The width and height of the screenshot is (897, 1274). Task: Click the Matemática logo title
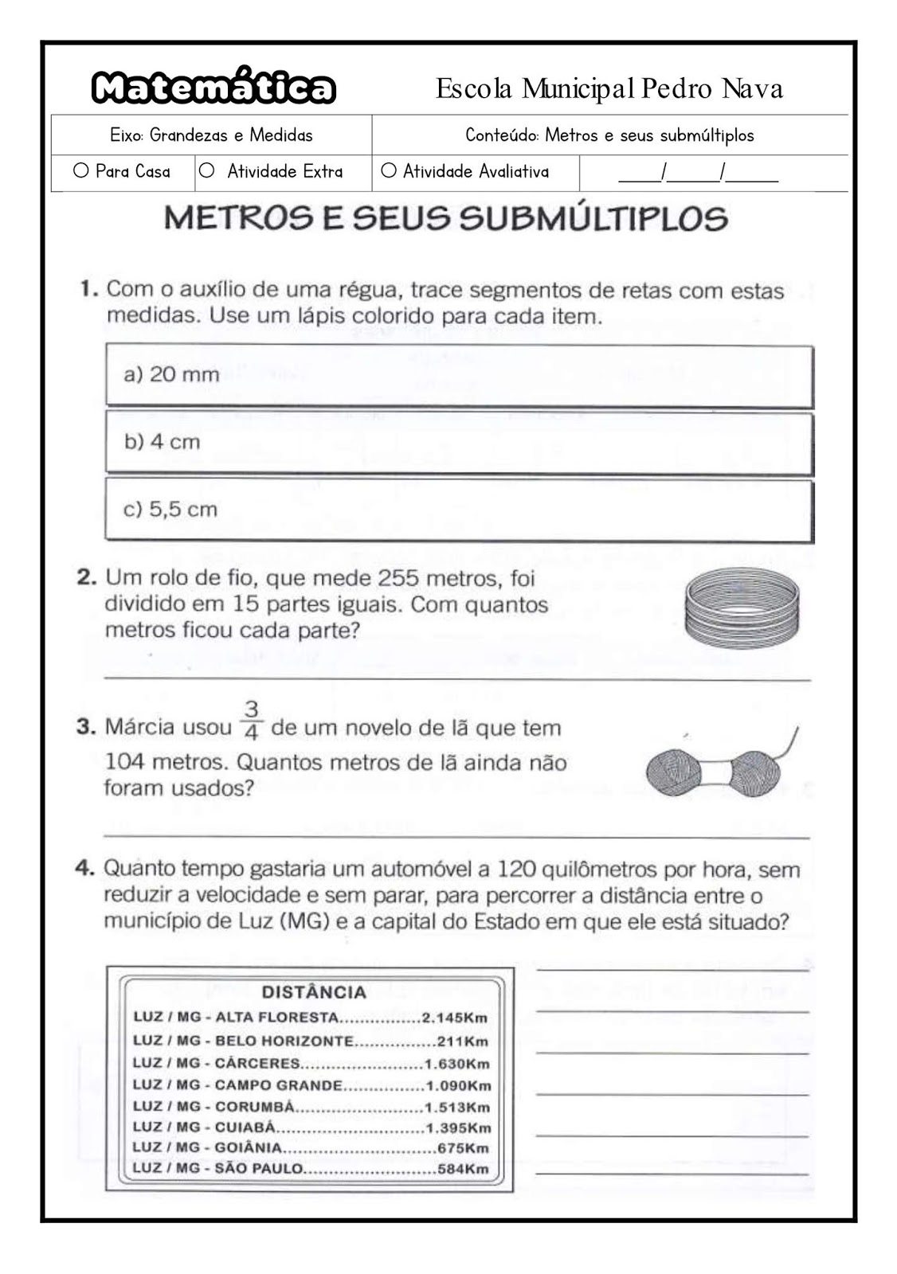pyautogui.click(x=213, y=88)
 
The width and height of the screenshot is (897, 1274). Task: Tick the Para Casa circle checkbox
pyautogui.click(x=80, y=170)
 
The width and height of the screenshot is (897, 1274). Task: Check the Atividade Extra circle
pyautogui.click(x=207, y=170)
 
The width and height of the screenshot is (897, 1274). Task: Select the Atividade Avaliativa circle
pyautogui.click(x=389, y=170)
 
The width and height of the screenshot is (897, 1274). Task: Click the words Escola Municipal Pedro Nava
pyautogui.click(x=609, y=88)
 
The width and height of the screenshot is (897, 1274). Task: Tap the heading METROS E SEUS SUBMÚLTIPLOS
pyautogui.click(x=446, y=218)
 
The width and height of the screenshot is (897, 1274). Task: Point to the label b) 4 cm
pyautogui.click(x=162, y=442)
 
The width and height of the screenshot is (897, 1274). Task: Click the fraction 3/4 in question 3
pyautogui.click(x=252, y=719)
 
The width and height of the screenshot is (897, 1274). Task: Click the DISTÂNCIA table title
pyautogui.click(x=314, y=992)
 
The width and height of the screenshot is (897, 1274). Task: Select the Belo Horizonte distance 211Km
pyautogui.click(x=462, y=1041)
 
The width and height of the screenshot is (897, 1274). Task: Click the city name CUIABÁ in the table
pyautogui.click(x=245, y=1127)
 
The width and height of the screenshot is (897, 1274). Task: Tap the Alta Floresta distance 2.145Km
pyautogui.click(x=454, y=1018)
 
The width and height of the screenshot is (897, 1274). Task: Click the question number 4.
pyautogui.click(x=85, y=869)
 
